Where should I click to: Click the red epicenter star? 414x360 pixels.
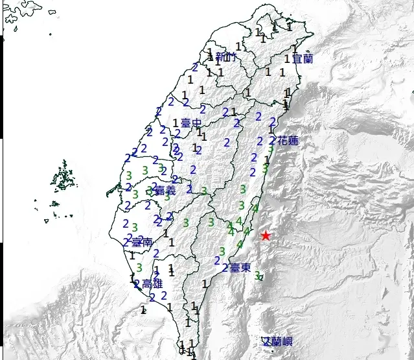pyautogui.click(x=266, y=236)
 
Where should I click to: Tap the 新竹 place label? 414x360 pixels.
pyautogui.click(x=227, y=58)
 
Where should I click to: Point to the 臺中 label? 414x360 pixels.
pyautogui.click(x=190, y=123)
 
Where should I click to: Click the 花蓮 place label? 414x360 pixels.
pyautogui.click(x=288, y=140)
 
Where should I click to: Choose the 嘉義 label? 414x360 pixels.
pyautogui.click(x=165, y=191)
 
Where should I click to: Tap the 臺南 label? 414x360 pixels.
pyautogui.click(x=142, y=242)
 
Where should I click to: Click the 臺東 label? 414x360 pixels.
pyautogui.click(x=240, y=267)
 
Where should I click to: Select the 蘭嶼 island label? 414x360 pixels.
pyautogui.click(x=277, y=341)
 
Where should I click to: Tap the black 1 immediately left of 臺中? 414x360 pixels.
pyautogui.click(x=176, y=123)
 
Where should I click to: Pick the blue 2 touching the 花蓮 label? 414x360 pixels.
pyautogui.click(x=273, y=139)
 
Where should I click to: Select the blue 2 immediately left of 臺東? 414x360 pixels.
pyautogui.click(x=225, y=267)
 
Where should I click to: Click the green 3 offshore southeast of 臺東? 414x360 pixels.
pyautogui.click(x=258, y=275)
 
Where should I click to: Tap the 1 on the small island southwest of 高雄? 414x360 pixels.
pyautogui.click(x=143, y=310)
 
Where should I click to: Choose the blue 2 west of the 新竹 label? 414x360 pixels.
pyautogui.click(x=195, y=67)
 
